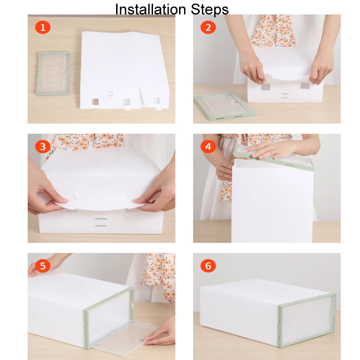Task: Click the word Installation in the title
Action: click(x=150, y=9)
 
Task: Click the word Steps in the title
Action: click(x=210, y=9)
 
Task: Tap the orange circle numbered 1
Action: click(x=43, y=27)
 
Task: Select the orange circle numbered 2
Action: click(x=208, y=27)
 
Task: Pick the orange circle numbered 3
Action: click(x=43, y=147)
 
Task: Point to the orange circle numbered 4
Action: click(x=208, y=147)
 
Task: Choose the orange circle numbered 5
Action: click(x=43, y=266)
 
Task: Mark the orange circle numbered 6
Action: click(x=208, y=266)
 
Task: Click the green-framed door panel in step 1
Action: click(x=53, y=73)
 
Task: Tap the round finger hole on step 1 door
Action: click(x=64, y=72)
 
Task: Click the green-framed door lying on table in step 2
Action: click(x=224, y=106)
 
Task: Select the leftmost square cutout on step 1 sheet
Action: click(x=95, y=102)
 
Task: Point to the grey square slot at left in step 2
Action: click(x=265, y=86)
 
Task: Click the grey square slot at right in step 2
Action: click(x=305, y=85)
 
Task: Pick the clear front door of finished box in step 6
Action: click(x=307, y=320)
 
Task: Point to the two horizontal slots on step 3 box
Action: click(x=101, y=222)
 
